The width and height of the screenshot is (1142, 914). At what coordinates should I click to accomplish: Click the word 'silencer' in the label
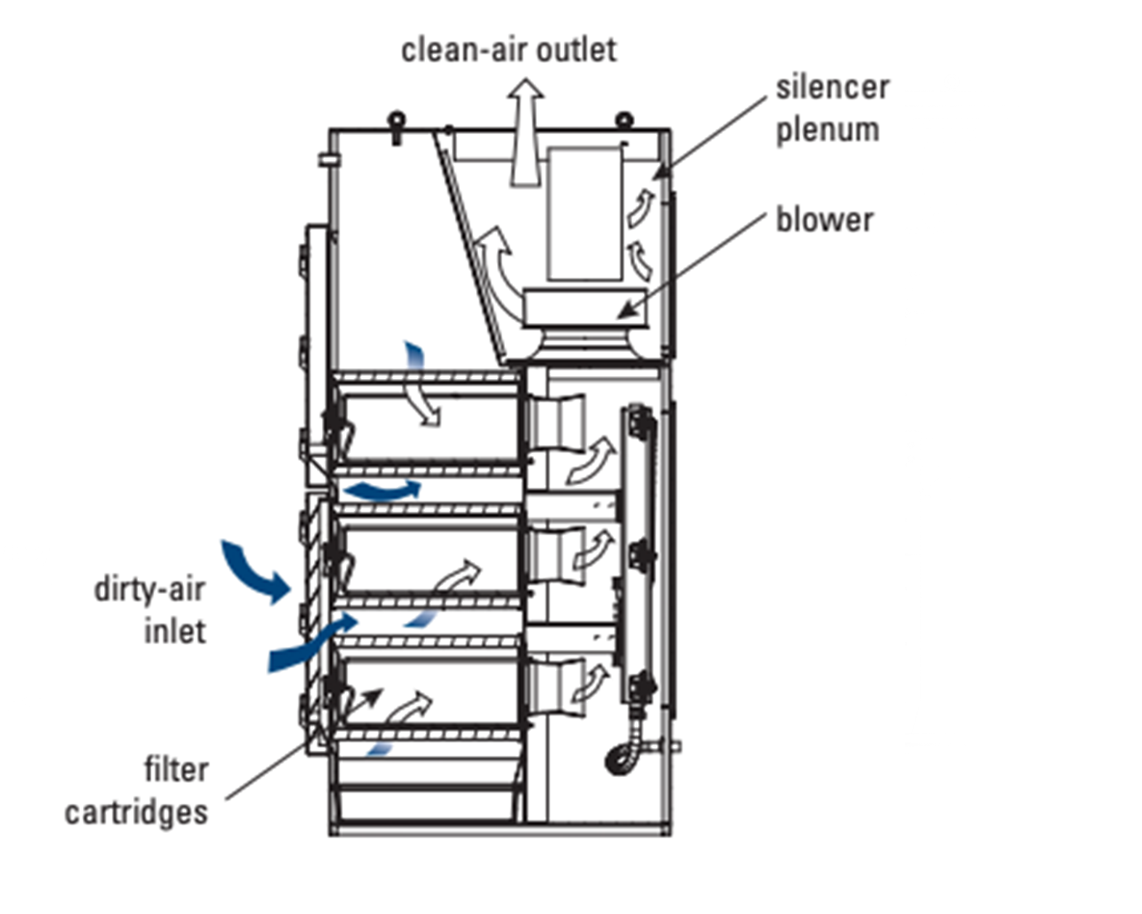832,87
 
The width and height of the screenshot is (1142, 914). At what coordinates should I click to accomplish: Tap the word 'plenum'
828,129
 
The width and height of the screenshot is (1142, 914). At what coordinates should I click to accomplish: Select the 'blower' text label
824,220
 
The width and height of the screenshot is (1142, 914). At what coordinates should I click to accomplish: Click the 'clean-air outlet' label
508,49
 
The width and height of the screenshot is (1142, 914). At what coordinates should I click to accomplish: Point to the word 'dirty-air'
149,588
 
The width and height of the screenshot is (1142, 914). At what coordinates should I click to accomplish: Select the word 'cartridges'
136,812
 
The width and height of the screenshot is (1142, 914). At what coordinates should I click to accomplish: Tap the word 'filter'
178,770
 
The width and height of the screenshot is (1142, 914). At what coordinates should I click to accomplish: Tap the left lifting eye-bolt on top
395,125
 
